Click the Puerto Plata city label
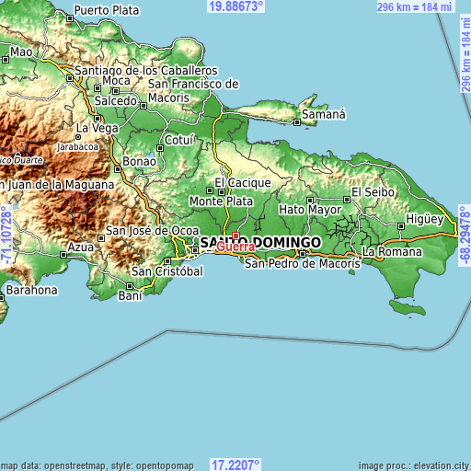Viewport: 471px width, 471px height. (x=107, y=10)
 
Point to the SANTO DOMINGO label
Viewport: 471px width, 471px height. (x=260, y=242)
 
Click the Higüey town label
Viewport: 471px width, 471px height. (x=425, y=221)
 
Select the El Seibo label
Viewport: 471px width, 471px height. (x=373, y=192)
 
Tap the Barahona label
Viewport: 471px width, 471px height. (x=31, y=290)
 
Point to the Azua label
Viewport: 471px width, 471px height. (x=82, y=247)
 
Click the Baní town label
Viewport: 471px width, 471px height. (x=130, y=295)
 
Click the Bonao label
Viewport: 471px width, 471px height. (x=140, y=160)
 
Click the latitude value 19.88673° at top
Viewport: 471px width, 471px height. (x=236, y=6)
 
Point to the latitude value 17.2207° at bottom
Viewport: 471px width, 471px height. (x=236, y=465)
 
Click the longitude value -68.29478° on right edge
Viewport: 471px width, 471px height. (x=465, y=235)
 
